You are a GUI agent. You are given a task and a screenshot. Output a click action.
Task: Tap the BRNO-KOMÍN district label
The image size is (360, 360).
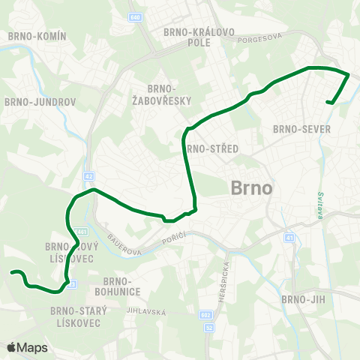(x=37, y=36)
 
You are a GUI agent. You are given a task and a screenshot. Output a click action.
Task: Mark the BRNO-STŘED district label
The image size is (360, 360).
(x=213, y=148)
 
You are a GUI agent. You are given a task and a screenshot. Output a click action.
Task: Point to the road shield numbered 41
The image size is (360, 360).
(x=289, y=238)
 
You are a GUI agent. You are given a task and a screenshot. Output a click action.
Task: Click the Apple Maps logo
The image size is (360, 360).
(x=27, y=348)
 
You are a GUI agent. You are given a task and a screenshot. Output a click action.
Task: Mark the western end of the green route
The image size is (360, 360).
(x=10, y=274)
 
